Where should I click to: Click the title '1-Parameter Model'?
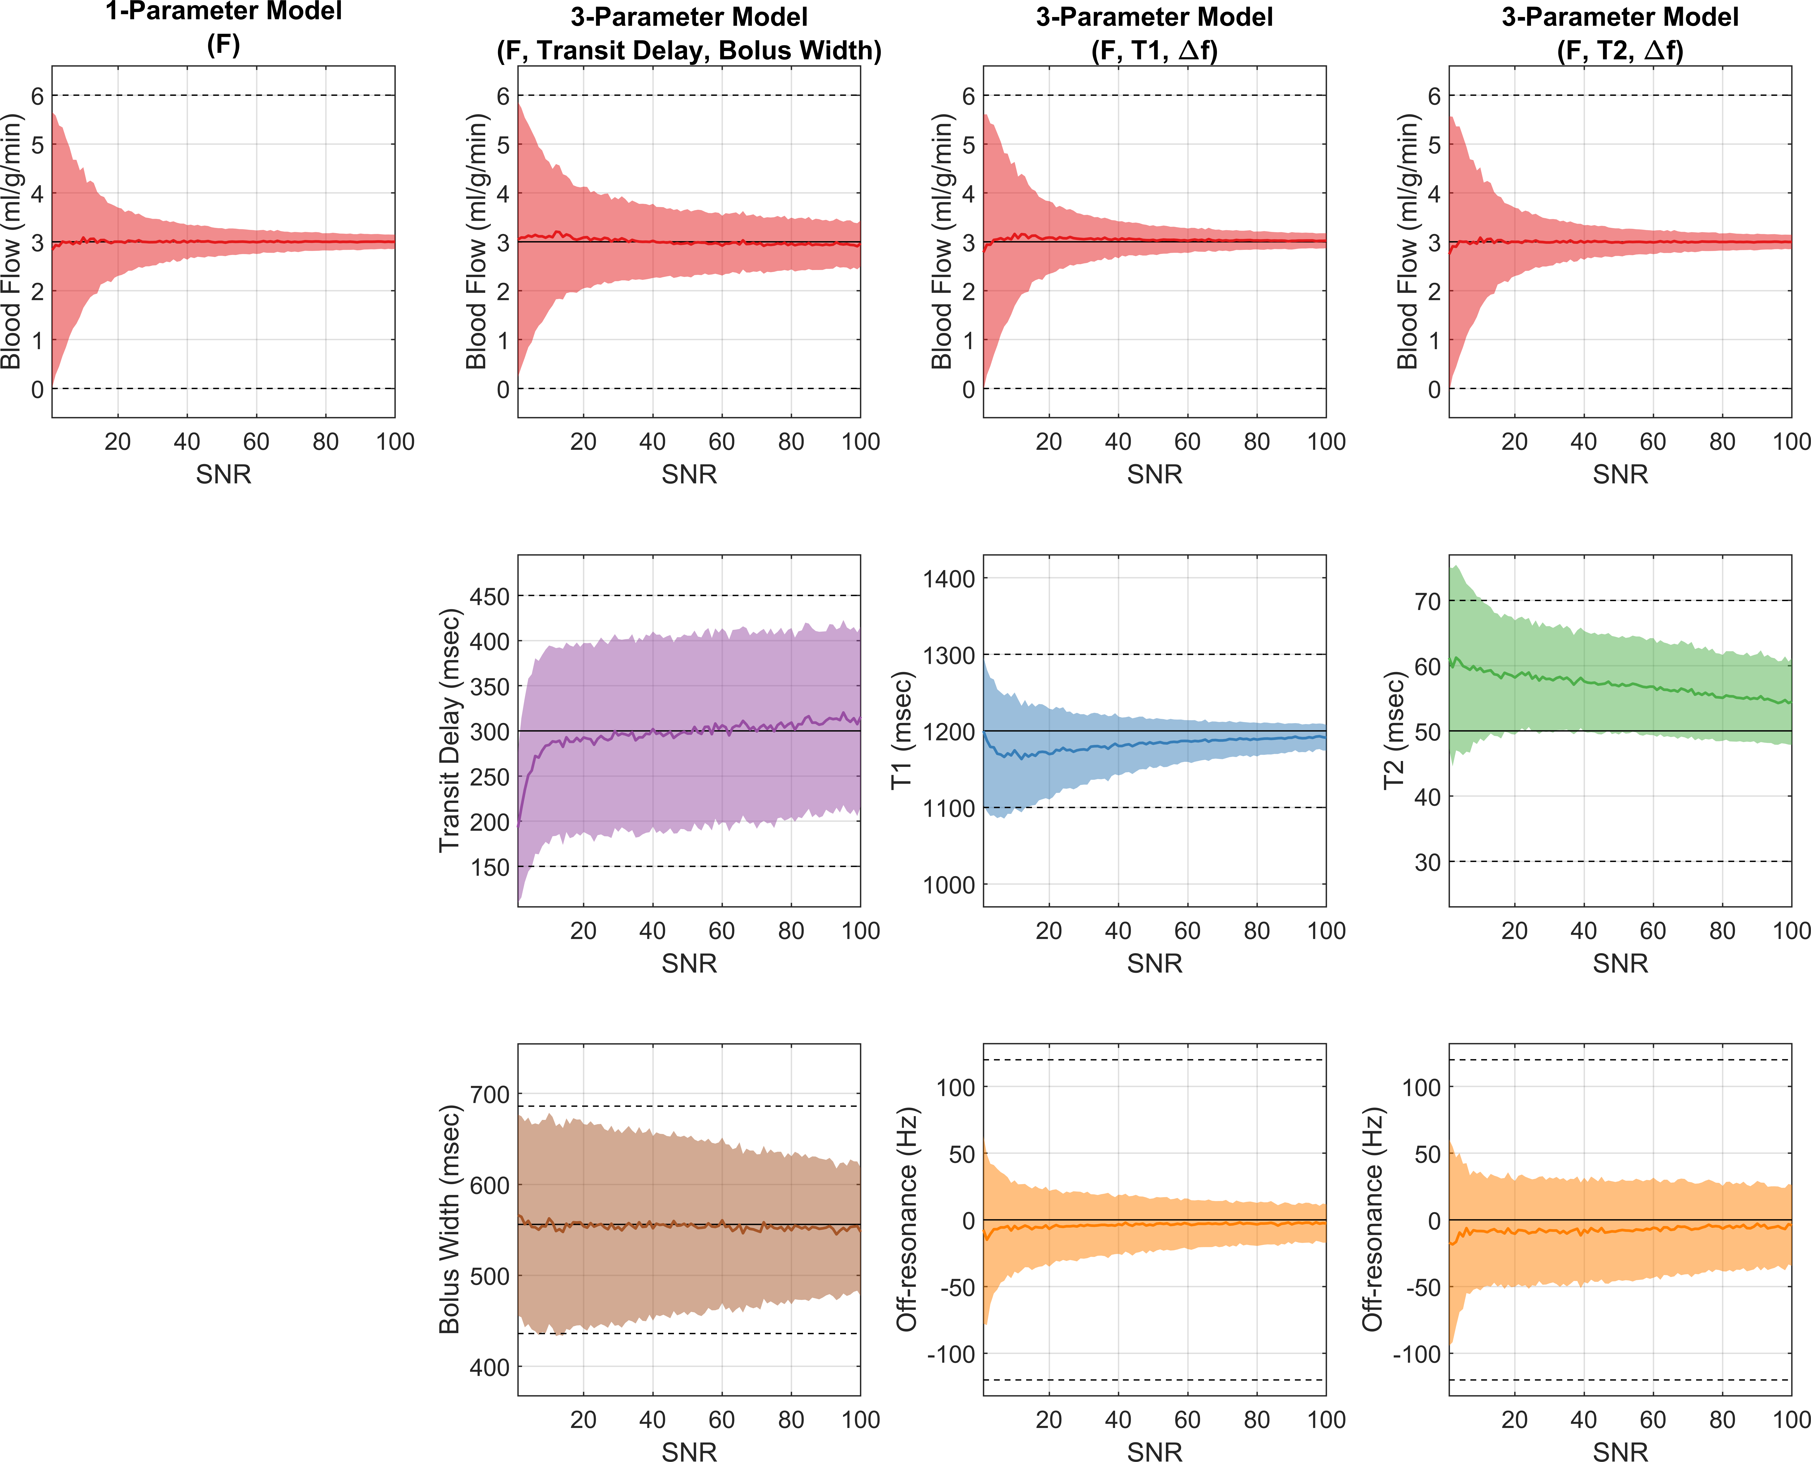pos(223,12)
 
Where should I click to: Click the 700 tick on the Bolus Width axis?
pos(489,1095)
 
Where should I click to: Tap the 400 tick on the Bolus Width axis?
pos(489,1367)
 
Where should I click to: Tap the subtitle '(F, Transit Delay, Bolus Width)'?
pos(689,51)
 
